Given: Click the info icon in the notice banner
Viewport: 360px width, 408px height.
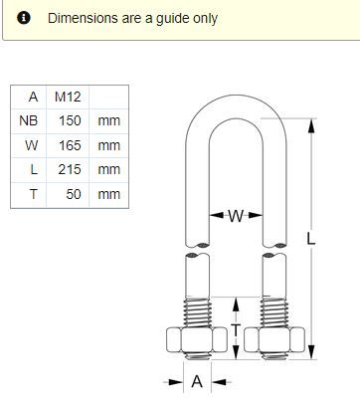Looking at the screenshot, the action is coord(24,18).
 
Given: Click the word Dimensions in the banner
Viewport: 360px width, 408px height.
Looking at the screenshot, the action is coord(83,18).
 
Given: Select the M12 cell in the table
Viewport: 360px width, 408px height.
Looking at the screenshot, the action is coord(68,97).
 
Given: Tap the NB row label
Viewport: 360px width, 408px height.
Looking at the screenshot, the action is coord(29,120).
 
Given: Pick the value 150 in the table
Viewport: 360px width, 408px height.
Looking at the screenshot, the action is coord(70,120).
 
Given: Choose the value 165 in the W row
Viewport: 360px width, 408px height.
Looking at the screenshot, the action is coord(70,145).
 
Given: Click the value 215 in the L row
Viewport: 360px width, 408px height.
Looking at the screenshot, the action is coord(70,169).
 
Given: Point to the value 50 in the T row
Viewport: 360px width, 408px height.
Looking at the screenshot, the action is coord(74,194).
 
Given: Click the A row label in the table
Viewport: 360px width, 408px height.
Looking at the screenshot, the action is coord(33,97).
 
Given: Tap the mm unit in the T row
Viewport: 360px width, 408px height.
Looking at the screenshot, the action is coord(109,194).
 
